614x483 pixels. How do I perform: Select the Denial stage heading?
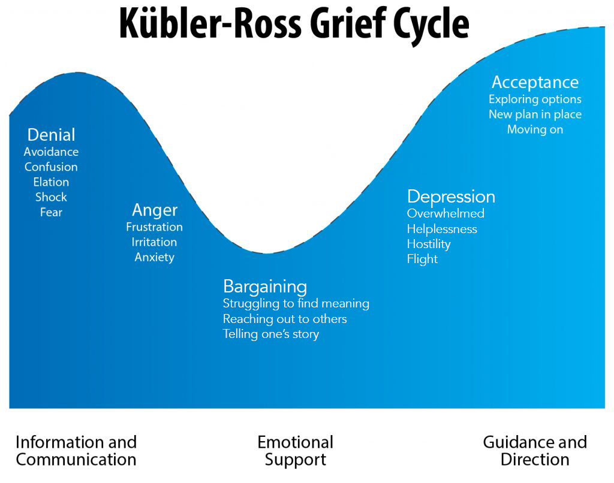click(51, 135)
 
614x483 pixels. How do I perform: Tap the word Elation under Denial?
click(51, 182)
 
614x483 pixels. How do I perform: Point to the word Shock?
click(51, 197)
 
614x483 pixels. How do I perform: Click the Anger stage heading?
click(155, 210)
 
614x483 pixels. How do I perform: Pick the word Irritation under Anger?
click(155, 242)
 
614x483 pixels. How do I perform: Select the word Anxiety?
click(155, 257)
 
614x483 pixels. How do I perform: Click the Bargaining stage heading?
click(264, 286)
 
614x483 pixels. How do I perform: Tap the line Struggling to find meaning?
click(296, 304)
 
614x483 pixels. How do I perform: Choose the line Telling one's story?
click(270, 334)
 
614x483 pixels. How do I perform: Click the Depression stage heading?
click(451, 197)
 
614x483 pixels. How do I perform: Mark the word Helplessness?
click(442, 229)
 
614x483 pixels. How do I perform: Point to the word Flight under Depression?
click(422, 259)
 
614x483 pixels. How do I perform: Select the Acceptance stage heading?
click(535, 82)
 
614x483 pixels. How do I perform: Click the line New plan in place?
click(535, 114)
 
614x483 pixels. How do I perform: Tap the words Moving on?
click(535, 129)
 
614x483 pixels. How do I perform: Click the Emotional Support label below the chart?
click(295, 451)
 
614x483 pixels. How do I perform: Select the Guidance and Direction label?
click(535, 451)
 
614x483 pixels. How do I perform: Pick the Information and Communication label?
click(76, 451)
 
